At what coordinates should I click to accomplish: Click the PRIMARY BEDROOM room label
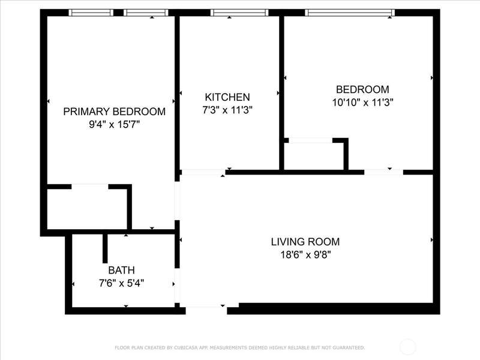click(114, 112)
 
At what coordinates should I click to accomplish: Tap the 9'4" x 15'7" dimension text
click(114, 125)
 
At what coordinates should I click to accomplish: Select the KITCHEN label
click(227, 97)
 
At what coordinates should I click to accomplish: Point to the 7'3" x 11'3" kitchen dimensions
click(227, 110)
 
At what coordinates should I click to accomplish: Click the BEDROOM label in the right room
click(363, 89)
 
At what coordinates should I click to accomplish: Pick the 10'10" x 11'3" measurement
click(363, 102)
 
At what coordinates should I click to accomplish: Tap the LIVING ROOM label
click(305, 242)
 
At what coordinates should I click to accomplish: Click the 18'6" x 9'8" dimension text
click(306, 254)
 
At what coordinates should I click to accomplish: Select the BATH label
click(122, 271)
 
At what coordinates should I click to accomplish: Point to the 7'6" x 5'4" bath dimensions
click(122, 283)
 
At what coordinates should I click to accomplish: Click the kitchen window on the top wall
click(239, 13)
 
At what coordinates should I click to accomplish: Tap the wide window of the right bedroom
click(350, 13)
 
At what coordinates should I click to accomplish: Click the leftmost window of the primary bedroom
click(91, 13)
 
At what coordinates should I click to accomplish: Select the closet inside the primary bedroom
click(87, 209)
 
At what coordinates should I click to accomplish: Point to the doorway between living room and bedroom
click(383, 172)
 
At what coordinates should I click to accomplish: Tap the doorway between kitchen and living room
click(202, 172)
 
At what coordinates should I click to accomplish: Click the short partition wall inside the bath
click(105, 248)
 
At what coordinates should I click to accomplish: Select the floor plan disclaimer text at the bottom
click(239, 347)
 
